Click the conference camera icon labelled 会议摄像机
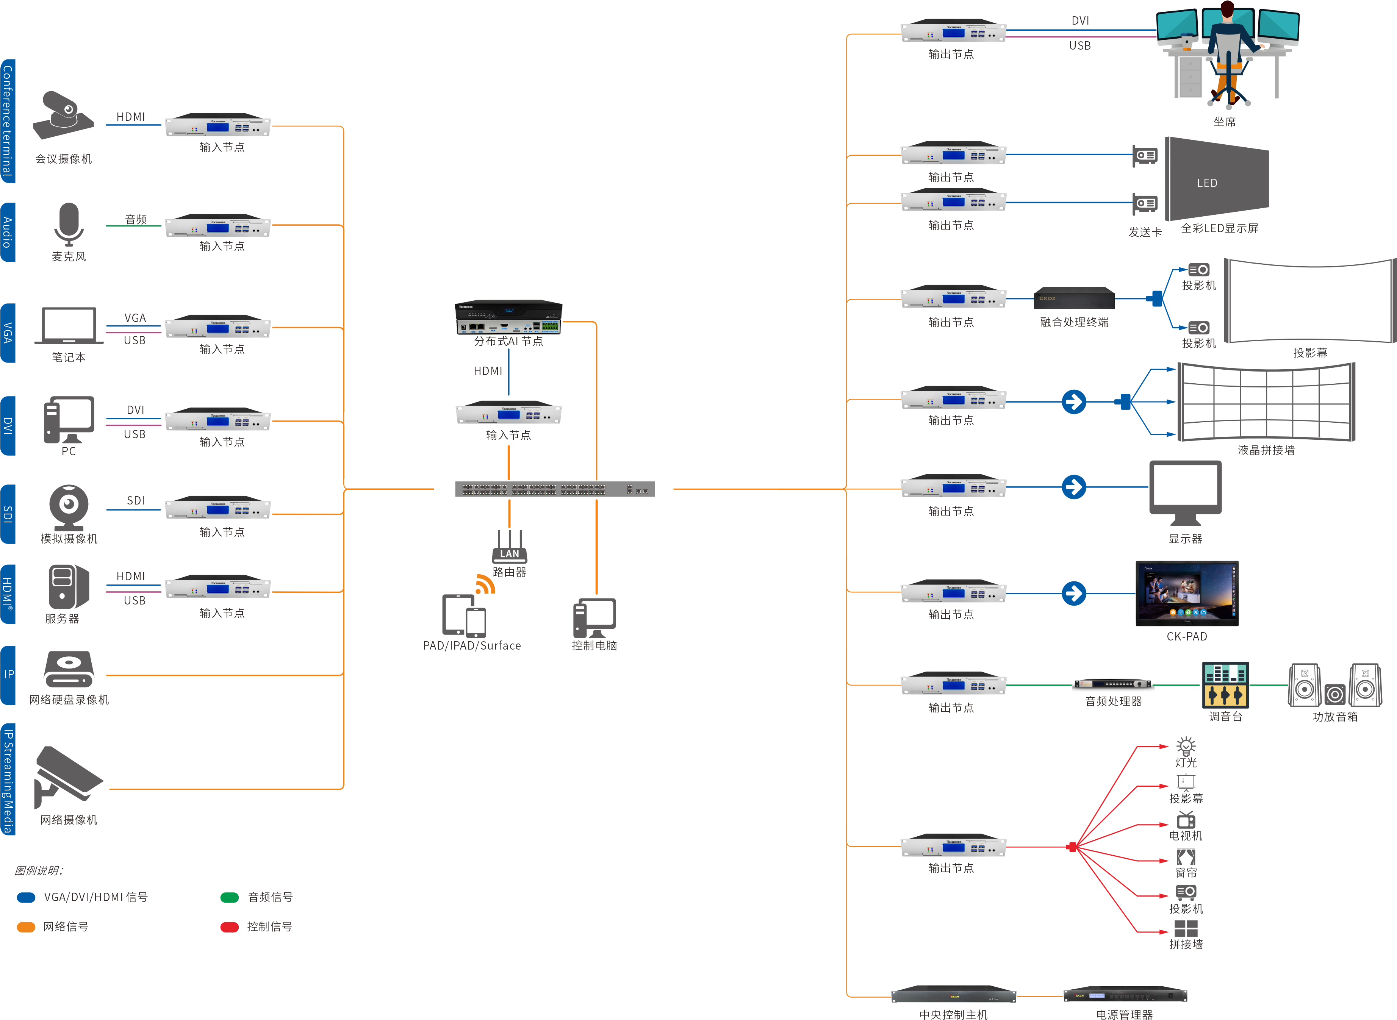point(64,116)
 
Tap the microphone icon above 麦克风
point(69,223)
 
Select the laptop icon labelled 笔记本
point(69,325)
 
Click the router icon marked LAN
point(510,547)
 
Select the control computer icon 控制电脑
point(594,617)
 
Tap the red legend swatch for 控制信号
point(229,927)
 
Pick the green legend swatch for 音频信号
point(229,897)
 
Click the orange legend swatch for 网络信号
point(26,927)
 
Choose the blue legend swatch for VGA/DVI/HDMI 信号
point(26,897)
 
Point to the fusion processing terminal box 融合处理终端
point(1074,298)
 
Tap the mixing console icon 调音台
point(1225,685)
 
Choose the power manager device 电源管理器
point(1125,995)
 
